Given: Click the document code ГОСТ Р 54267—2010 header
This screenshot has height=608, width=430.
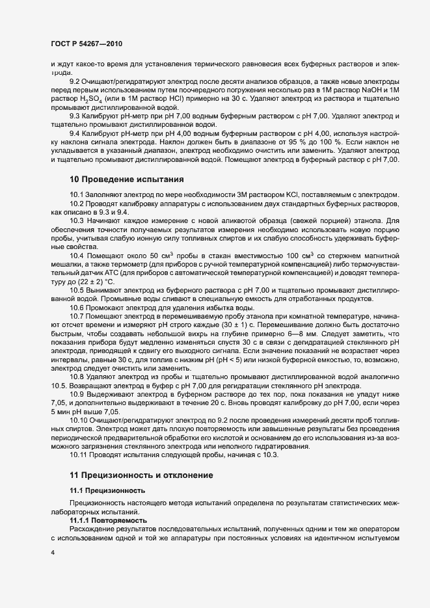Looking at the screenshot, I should coord(86,44).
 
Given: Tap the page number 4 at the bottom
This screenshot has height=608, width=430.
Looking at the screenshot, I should coord(53,552).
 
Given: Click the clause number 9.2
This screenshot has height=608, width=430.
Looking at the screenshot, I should coord(76,81).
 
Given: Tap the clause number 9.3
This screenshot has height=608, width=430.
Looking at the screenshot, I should coord(76,115).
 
